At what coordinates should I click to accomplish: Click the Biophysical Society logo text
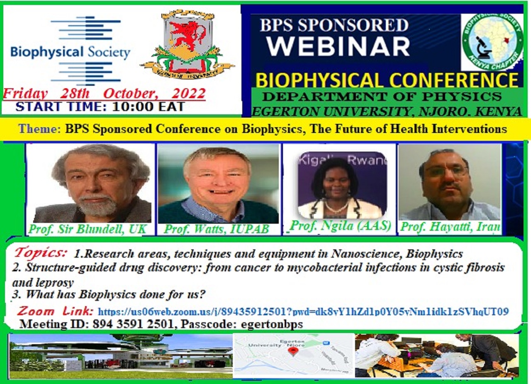pos(70,53)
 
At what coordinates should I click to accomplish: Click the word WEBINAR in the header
pos(338,46)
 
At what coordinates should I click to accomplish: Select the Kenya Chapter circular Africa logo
pos(492,42)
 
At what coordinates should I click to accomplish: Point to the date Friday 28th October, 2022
pos(104,93)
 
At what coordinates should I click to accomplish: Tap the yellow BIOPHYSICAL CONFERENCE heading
pos(387,80)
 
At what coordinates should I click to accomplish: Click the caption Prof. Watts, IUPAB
pos(217,229)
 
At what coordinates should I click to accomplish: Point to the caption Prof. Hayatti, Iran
pos(450,227)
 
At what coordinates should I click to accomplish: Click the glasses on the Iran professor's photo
pos(446,171)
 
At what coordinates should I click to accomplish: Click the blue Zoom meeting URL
pos(303,311)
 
